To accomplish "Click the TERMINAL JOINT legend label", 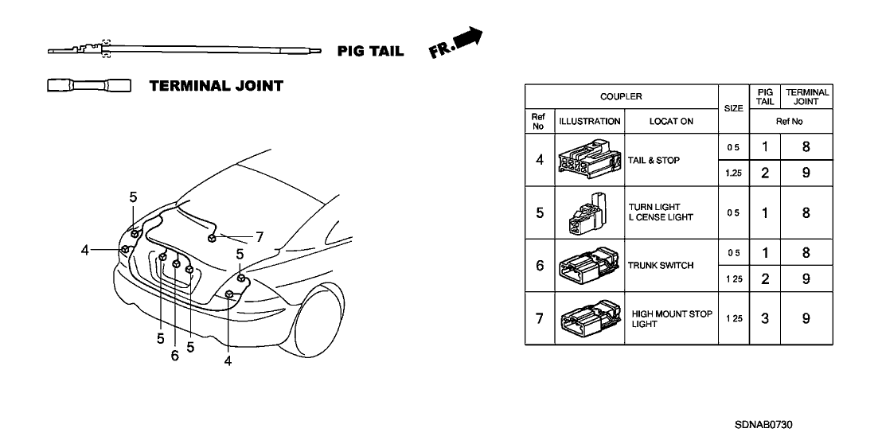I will coord(216,86).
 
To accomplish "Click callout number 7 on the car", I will coord(259,236).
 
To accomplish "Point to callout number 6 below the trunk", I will coord(174,356).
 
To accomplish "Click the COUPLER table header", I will coord(621,96).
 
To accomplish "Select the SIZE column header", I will coord(733,108).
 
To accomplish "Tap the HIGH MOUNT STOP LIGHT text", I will coord(671,319).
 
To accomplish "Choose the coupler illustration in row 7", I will coord(590,319).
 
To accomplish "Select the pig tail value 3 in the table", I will coord(764,319).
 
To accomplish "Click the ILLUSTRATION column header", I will coord(590,122).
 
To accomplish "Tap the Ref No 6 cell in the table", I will coord(539,266).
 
